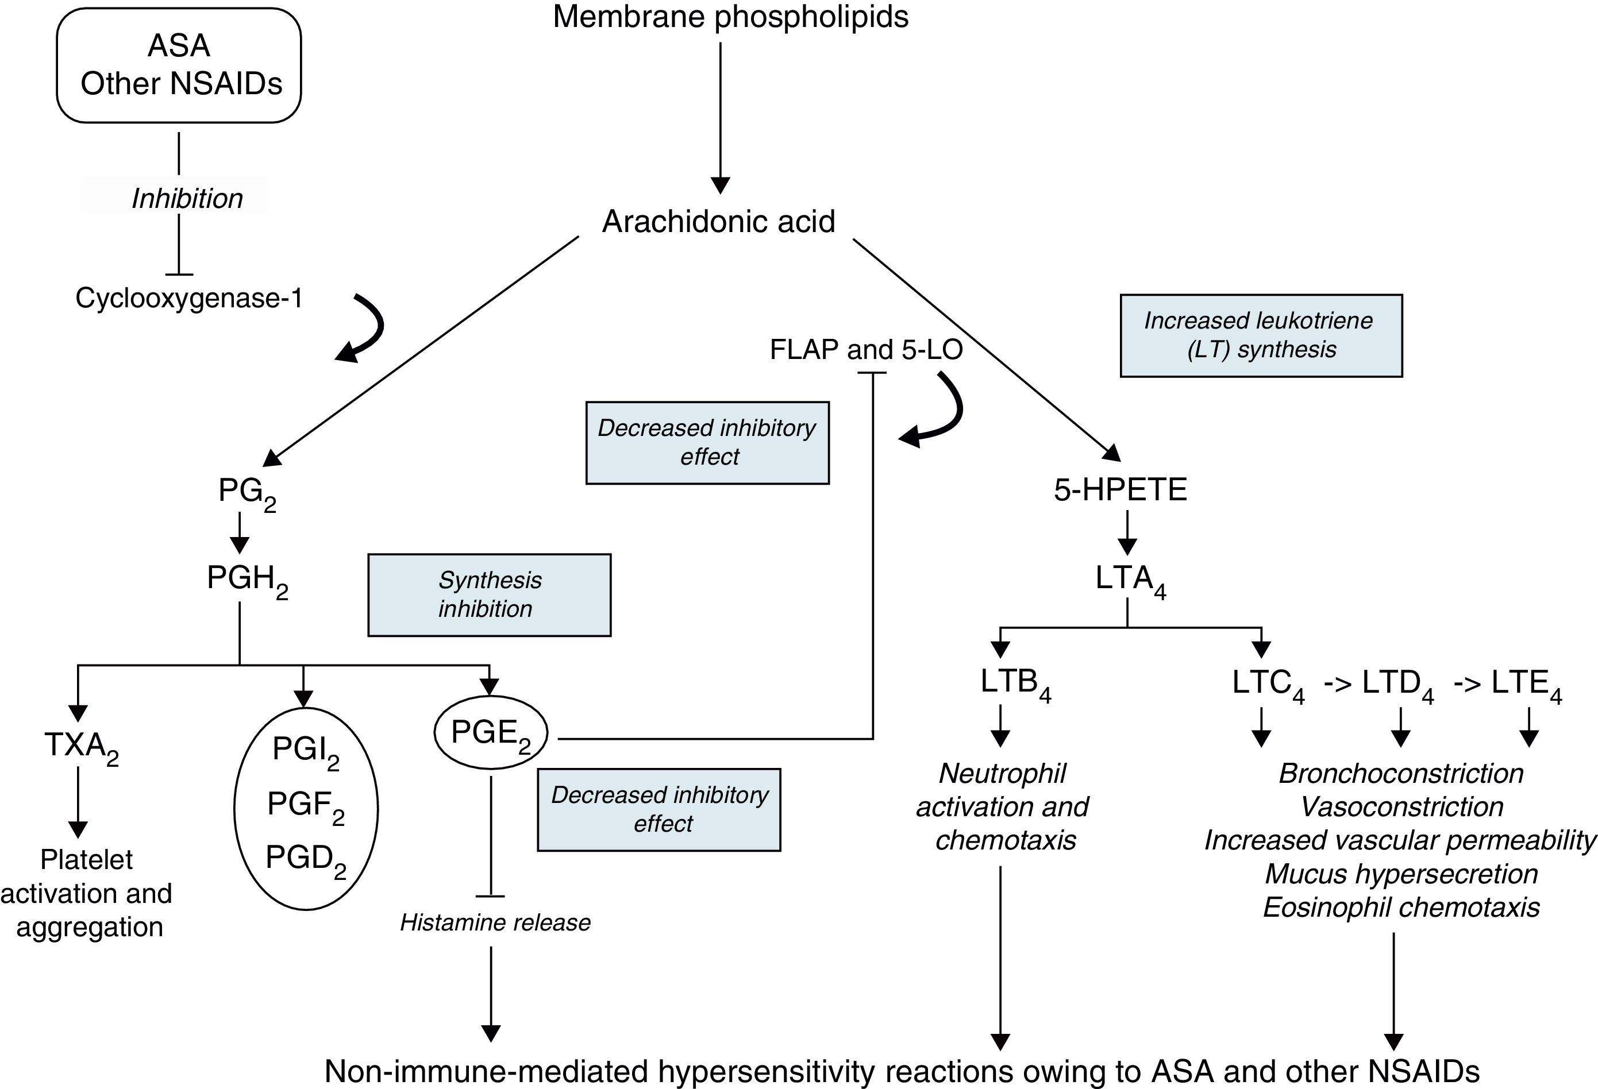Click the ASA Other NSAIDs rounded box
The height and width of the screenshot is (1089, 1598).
click(179, 65)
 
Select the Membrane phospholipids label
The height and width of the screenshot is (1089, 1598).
click(730, 17)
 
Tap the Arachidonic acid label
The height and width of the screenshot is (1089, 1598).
click(718, 221)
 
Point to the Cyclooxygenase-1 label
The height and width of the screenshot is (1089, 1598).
click(189, 298)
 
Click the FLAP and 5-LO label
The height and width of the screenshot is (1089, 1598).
click(866, 350)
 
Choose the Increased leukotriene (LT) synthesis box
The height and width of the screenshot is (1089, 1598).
click(1260, 335)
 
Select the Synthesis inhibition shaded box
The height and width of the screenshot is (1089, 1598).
click(489, 594)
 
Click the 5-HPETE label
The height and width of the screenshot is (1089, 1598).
click(1120, 489)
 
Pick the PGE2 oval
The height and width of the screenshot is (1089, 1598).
click(490, 733)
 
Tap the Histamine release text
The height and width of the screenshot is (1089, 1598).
click(495, 922)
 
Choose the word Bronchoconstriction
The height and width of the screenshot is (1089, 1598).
click(1401, 774)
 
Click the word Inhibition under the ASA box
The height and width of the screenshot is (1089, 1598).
click(187, 199)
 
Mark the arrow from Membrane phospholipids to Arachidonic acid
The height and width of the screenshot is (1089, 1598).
click(720, 117)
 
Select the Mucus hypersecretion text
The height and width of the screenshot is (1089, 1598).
click(1401, 874)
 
